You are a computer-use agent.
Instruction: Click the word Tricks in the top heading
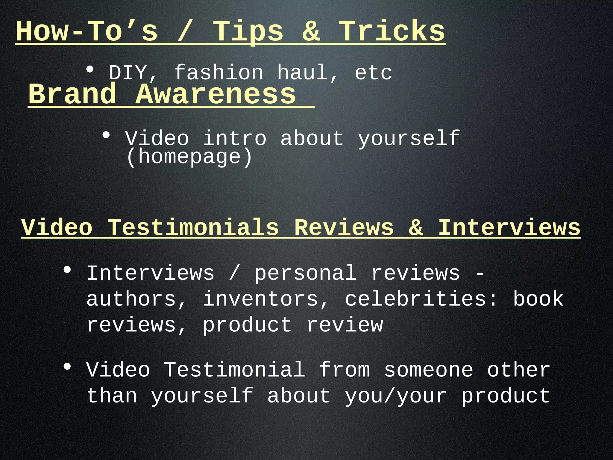pyautogui.click(x=392, y=31)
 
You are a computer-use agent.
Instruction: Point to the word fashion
pyautogui.click(x=219, y=73)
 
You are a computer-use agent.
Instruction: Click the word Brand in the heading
pyautogui.click(x=72, y=94)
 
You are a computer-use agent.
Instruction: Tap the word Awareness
pyautogui.click(x=216, y=94)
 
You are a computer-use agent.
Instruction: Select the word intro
pyautogui.click(x=235, y=139)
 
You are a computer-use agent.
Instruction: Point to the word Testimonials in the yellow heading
pyautogui.click(x=193, y=228)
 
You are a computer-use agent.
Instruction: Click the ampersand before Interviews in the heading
pyautogui.click(x=416, y=228)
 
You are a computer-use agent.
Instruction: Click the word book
pyautogui.click(x=538, y=299)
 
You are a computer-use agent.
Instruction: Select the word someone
pyautogui.click(x=429, y=370)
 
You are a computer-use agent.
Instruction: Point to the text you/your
pyautogui.click(x=396, y=396)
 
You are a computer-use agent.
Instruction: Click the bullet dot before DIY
pyautogui.click(x=90, y=70)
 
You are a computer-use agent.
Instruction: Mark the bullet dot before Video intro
pyautogui.click(x=106, y=135)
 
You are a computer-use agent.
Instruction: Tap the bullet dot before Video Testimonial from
pyautogui.click(x=67, y=367)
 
